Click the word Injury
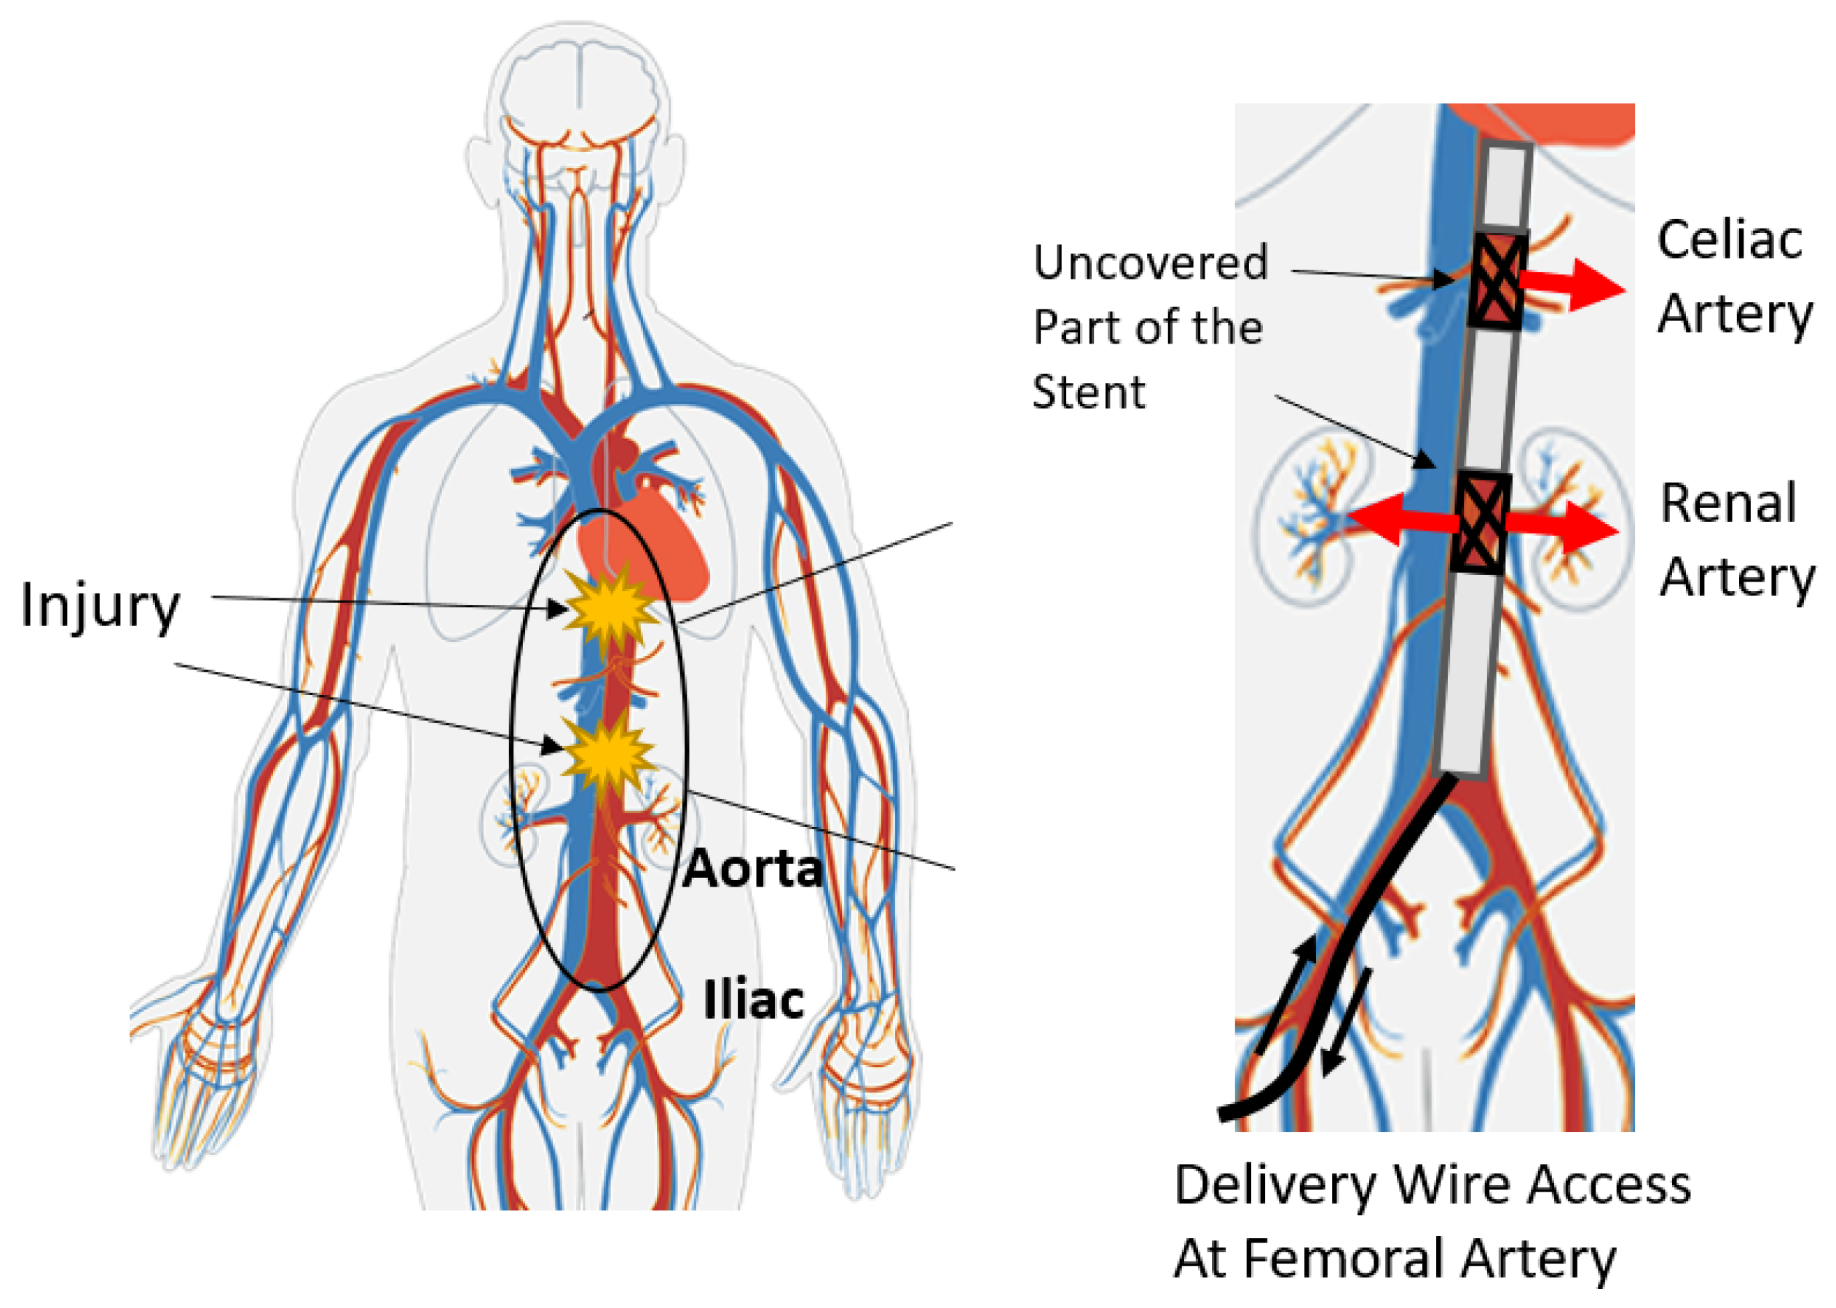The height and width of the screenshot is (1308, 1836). pos(100,606)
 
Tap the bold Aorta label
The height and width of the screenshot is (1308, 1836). pos(752,869)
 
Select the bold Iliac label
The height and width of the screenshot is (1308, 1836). pos(753,1000)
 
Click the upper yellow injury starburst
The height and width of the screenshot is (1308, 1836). pos(610,610)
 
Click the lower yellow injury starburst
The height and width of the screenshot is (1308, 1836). pos(607,755)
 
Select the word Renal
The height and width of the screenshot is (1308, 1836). pos(1728,504)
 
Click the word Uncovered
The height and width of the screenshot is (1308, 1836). pos(1150,263)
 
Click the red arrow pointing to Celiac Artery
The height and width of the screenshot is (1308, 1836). pos(1571,285)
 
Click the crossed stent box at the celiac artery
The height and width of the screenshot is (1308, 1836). pos(1497,280)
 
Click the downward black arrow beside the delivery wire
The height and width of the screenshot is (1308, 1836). pos(1347,1023)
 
